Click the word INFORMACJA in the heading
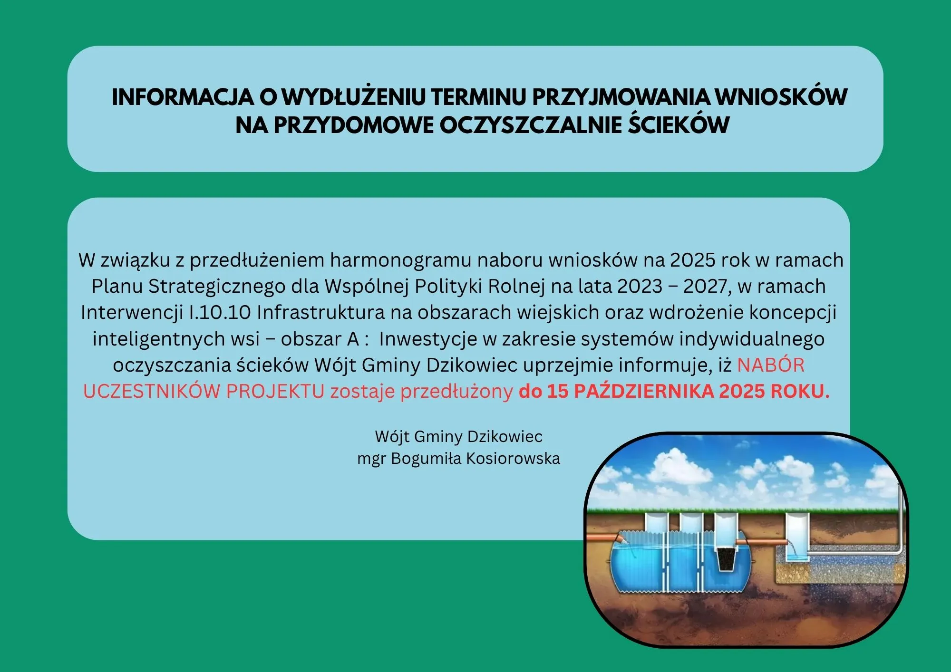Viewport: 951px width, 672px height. [x=183, y=97]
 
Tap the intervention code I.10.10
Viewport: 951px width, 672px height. [x=220, y=313]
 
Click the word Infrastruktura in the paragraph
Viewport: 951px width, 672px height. [x=320, y=313]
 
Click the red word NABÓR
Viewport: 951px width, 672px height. [x=771, y=365]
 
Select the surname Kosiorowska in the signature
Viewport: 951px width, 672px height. [x=513, y=459]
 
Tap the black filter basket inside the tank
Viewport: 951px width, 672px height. [x=726, y=559]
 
